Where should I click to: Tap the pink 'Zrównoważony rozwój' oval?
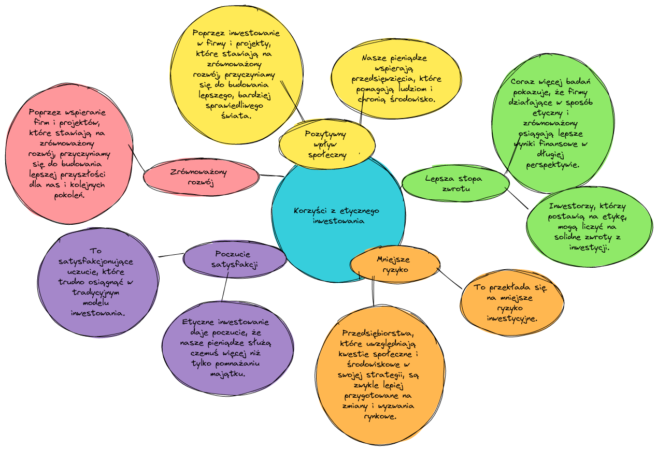click(201, 177)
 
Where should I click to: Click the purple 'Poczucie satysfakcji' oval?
click(235, 259)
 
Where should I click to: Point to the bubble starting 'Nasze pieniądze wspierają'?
click(395, 78)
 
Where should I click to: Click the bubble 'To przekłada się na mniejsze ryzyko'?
click(512, 302)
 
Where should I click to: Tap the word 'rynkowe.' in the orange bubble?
click(381, 416)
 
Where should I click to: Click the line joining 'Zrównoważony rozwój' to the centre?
click(270, 176)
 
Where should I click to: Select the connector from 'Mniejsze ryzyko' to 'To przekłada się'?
click(450, 278)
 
